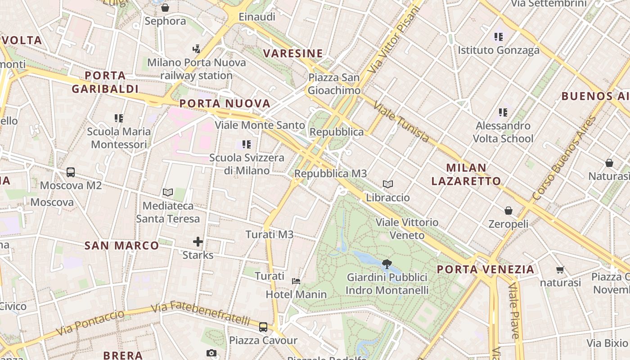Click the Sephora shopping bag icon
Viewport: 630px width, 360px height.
coord(165,8)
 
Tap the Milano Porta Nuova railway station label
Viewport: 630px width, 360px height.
coord(197,69)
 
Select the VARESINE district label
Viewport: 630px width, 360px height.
coord(293,54)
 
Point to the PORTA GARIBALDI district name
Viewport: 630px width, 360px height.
coord(105,82)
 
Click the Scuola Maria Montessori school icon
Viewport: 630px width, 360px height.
coord(119,118)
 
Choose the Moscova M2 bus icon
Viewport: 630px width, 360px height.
coord(71,172)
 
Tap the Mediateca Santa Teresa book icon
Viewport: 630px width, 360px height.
coord(168,193)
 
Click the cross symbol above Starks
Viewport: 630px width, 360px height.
coord(198,242)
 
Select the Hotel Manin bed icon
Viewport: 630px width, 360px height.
coord(296,281)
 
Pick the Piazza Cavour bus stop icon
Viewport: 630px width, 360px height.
coord(263,327)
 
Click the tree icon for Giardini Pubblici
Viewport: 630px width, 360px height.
coord(386,264)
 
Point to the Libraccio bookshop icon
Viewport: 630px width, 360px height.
coord(388,184)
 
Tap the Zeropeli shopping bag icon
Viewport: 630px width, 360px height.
coord(508,210)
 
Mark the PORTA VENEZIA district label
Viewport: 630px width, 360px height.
coord(486,270)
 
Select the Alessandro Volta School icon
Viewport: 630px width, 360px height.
coord(503,112)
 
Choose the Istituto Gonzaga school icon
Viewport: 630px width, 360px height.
coord(498,37)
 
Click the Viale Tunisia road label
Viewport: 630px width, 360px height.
coord(401,122)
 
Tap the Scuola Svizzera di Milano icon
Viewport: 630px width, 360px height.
coord(247,144)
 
